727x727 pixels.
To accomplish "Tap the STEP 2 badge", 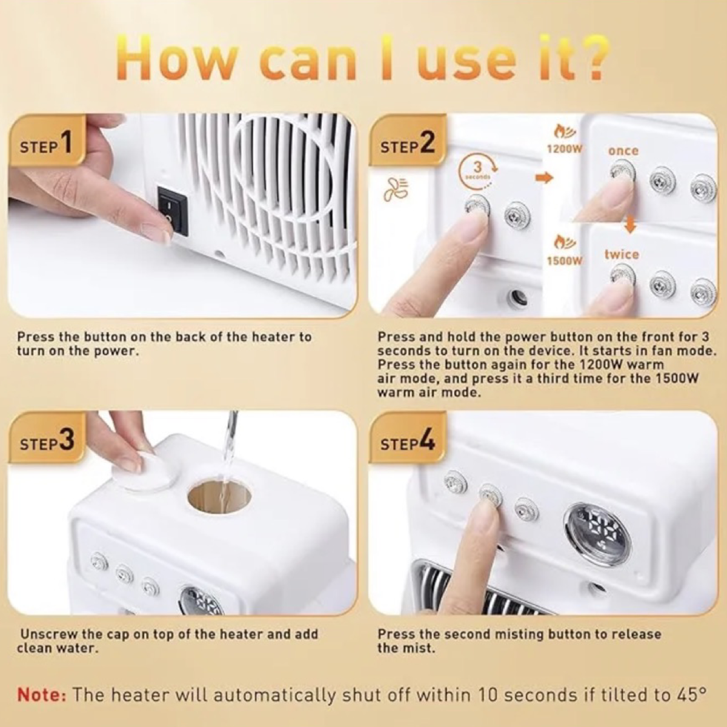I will pyautogui.click(x=408, y=144).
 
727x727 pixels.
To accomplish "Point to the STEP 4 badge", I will pyautogui.click(x=408, y=442).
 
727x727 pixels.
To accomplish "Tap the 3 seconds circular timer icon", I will pyautogui.click(x=478, y=170).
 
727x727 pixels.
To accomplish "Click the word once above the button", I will pyautogui.click(x=623, y=151).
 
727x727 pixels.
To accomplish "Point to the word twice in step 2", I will pyautogui.click(x=622, y=254).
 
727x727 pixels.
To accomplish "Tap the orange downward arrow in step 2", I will pyautogui.click(x=631, y=224).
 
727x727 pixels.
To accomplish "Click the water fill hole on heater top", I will pyautogui.click(x=219, y=497).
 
